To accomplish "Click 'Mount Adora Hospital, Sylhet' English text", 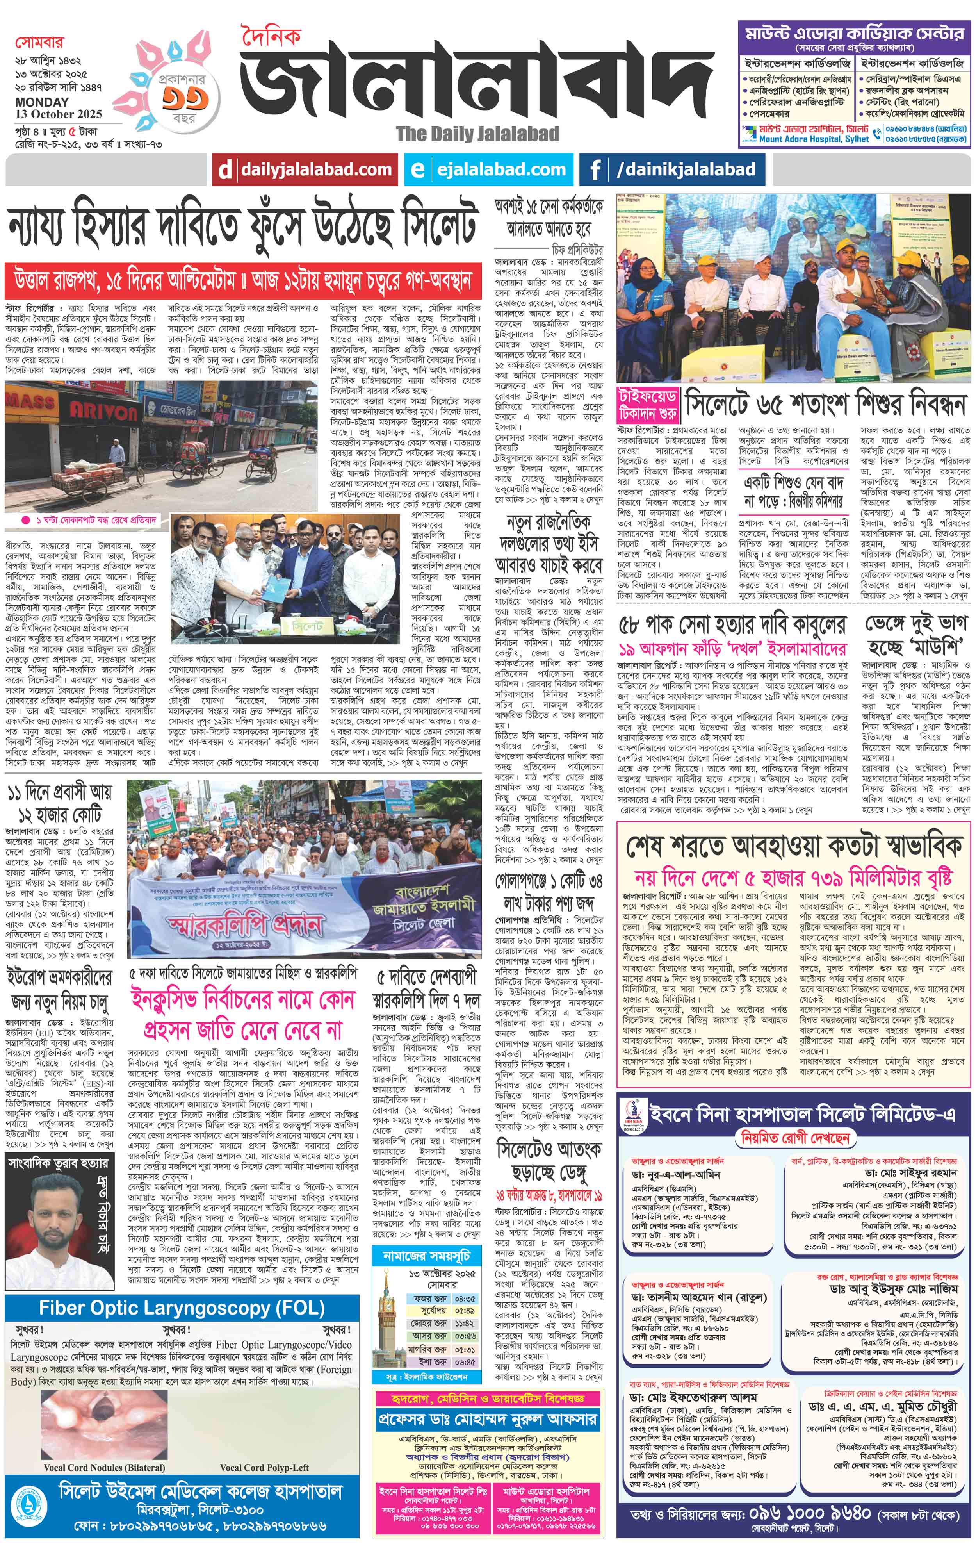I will (x=813, y=138).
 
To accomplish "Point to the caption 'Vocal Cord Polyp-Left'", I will (x=264, y=1467).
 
